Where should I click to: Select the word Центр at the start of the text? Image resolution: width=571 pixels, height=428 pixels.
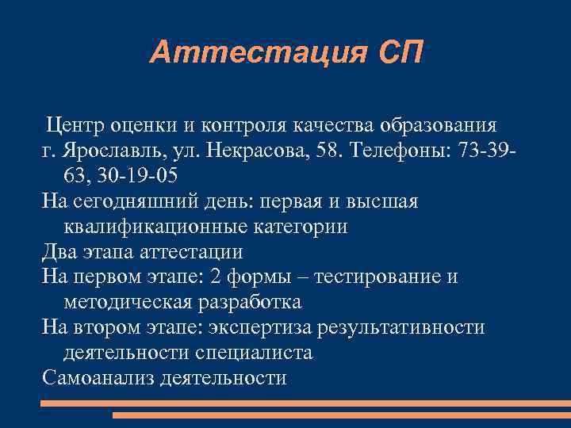click(75, 125)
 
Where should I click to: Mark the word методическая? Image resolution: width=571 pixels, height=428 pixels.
click(127, 303)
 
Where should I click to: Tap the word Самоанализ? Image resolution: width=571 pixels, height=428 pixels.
click(98, 378)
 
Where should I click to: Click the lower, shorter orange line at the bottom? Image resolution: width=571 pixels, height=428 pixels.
click(341, 415)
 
